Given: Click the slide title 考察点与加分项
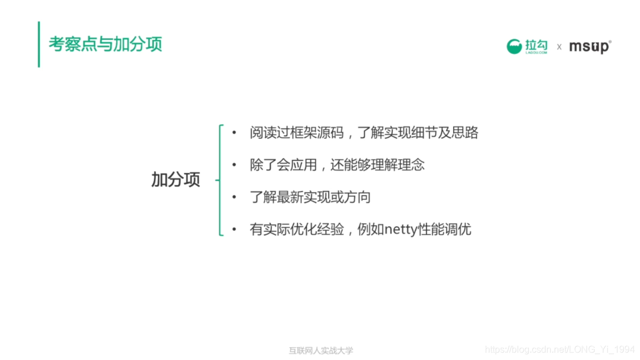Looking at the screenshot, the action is (105, 45).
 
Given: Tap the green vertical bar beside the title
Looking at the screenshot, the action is (39, 45).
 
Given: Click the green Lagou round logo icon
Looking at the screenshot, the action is (514, 46).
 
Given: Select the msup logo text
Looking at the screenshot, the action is (589, 46).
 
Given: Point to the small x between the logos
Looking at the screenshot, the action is (559, 47).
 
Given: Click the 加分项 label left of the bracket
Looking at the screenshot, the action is (175, 180).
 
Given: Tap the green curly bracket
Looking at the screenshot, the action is (220, 180).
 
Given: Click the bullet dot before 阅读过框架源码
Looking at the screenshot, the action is (234, 133).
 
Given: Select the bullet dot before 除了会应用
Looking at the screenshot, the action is (234, 165).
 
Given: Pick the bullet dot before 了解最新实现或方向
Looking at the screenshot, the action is (234, 197).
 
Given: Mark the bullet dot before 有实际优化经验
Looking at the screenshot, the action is (234, 229).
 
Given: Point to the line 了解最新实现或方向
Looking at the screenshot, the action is (310, 197).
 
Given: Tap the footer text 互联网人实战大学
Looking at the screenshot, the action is (321, 350).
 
